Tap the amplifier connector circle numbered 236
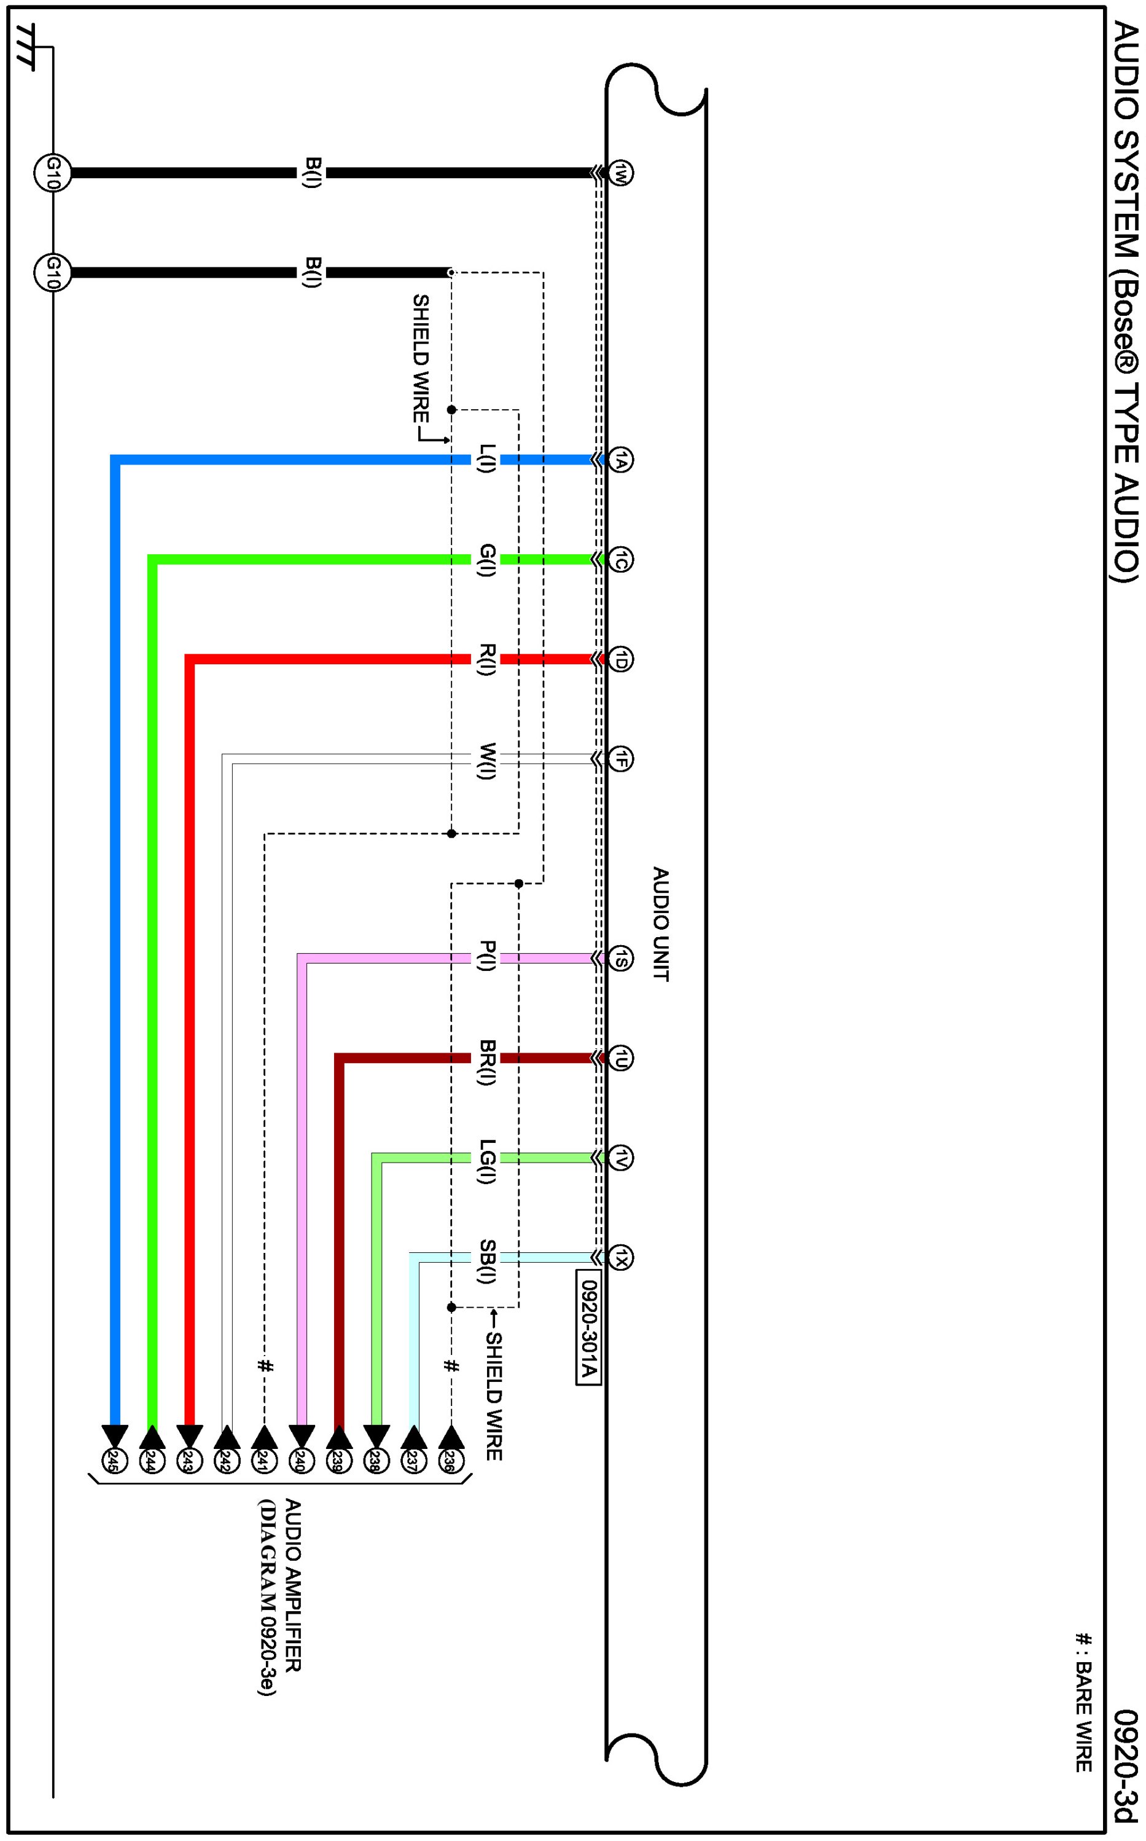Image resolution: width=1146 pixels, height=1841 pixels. [x=452, y=1462]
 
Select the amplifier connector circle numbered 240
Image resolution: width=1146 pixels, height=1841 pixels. [x=302, y=1462]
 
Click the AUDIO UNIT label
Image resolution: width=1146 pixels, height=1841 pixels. [x=661, y=924]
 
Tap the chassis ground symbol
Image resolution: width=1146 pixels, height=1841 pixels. [x=26, y=47]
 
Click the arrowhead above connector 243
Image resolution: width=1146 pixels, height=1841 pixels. [x=190, y=1437]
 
